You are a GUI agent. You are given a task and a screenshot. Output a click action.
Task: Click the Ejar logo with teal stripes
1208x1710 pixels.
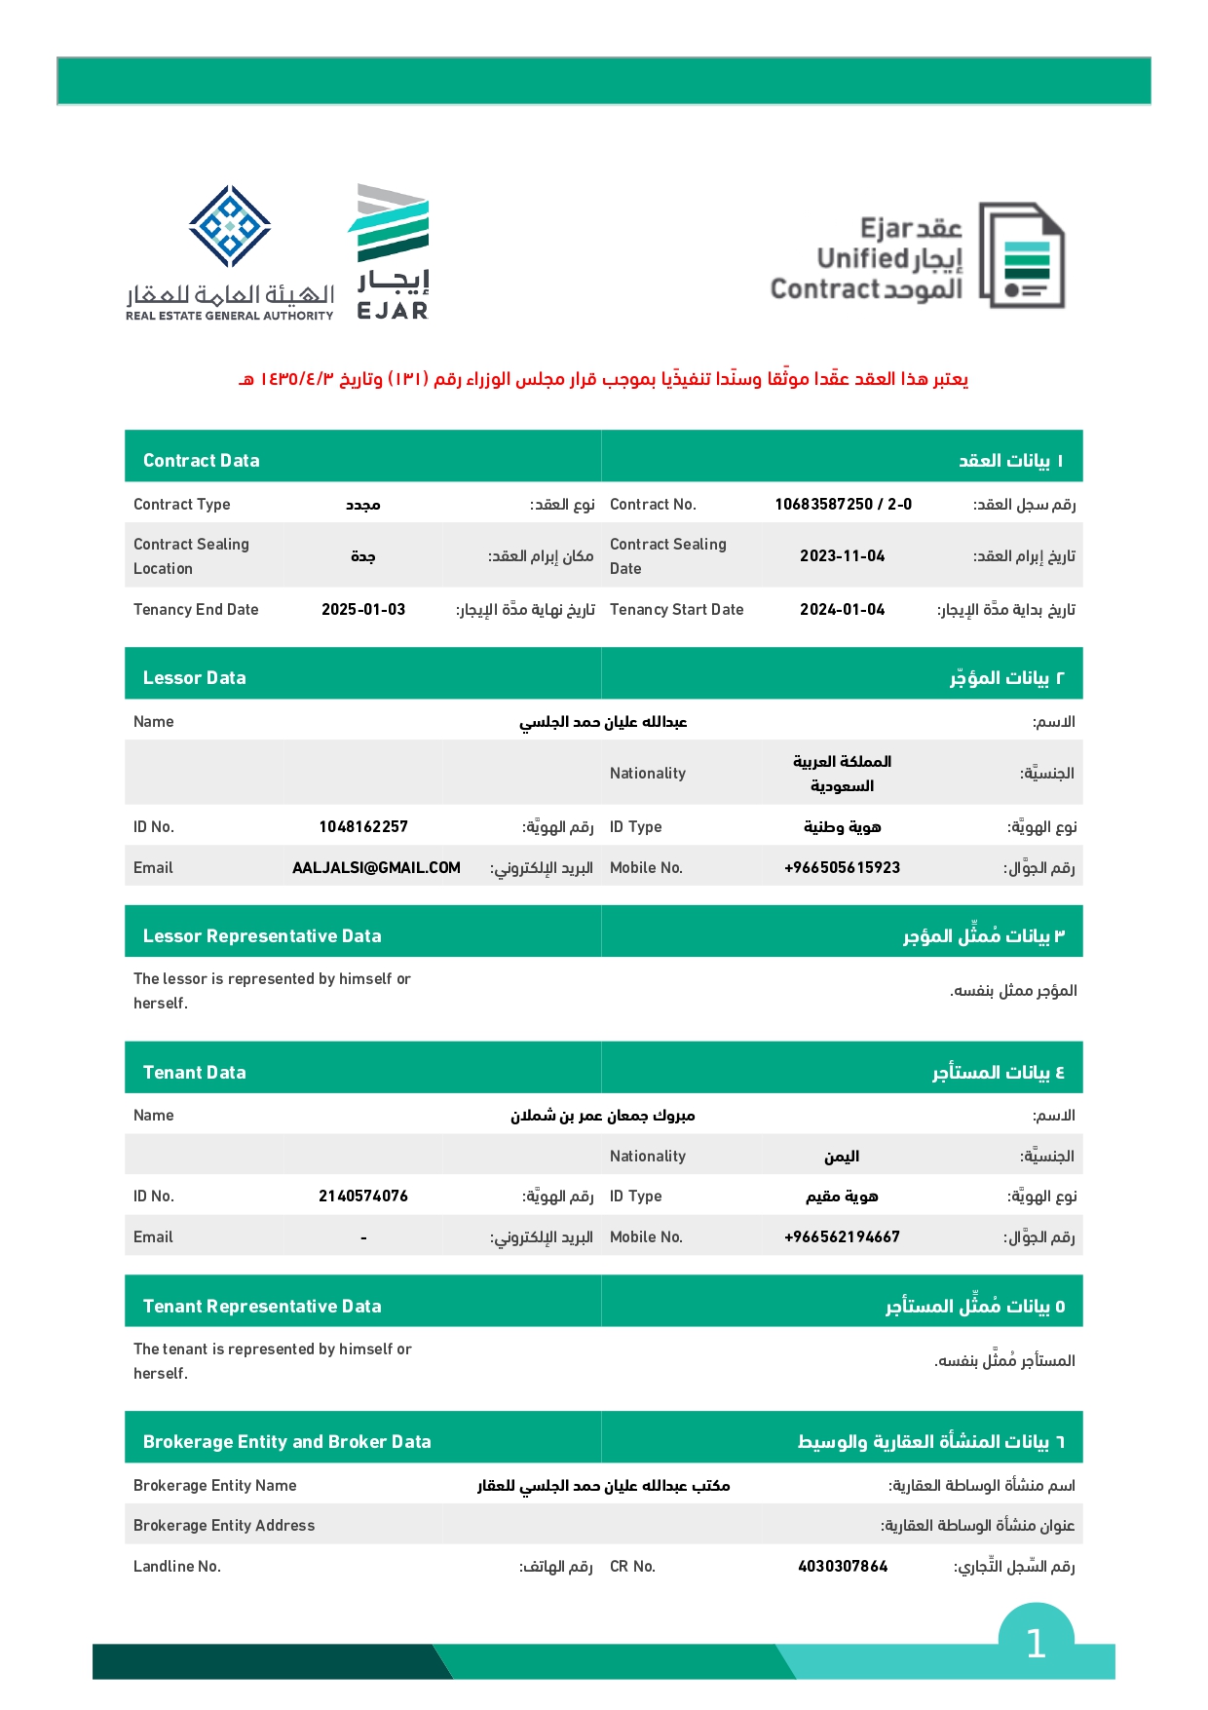[x=391, y=250]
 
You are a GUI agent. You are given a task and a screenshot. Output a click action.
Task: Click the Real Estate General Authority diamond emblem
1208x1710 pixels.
[x=230, y=226]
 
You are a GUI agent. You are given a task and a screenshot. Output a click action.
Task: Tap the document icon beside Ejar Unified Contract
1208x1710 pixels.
[x=1022, y=255]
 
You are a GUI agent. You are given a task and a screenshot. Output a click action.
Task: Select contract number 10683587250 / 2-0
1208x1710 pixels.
[x=843, y=505]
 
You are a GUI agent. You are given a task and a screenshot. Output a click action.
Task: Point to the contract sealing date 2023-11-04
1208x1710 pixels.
[x=843, y=556]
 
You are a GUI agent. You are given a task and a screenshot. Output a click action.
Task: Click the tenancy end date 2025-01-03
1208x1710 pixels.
[x=363, y=610]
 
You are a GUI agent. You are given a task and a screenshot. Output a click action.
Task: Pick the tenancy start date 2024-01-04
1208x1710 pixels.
[x=843, y=610]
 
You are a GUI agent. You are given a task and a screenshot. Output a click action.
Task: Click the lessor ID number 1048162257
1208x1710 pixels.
[x=363, y=827]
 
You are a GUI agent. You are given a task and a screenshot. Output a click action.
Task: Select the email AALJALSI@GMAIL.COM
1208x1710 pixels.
[x=376, y=868]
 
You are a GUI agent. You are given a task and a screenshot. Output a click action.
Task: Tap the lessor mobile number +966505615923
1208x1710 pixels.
[x=843, y=868]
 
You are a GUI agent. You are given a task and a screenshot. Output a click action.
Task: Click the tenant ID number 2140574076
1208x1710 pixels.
[x=363, y=1197]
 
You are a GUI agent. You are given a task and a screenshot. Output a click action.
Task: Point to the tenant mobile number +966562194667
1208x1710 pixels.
[x=843, y=1237]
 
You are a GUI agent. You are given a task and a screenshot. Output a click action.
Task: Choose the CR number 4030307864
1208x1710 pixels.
[x=843, y=1567]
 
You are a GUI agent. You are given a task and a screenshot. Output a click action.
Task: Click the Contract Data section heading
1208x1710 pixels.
[x=202, y=461]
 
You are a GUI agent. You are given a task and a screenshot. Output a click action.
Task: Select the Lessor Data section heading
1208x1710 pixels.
[x=195, y=678]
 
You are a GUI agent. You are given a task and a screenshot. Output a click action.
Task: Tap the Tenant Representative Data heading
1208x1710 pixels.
[x=262, y=1307]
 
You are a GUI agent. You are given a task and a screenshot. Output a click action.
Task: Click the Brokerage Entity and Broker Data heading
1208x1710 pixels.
[x=287, y=1442]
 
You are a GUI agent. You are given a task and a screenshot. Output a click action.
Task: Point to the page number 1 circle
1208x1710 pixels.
[x=1036, y=1644]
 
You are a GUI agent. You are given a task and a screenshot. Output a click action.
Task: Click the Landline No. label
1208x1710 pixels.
[x=177, y=1567]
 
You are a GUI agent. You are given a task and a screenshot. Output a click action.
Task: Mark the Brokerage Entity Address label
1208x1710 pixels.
[x=224, y=1526]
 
